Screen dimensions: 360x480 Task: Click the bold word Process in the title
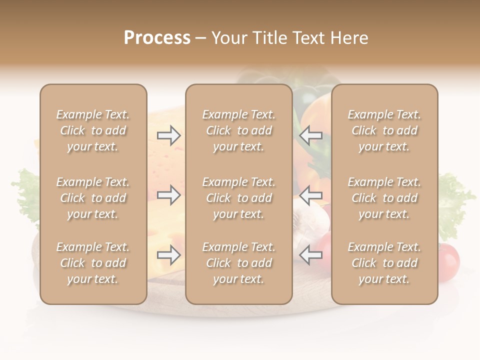(x=157, y=38)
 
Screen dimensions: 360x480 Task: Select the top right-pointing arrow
(x=168, y=135)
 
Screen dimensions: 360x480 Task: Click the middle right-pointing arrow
(x=168, y=195)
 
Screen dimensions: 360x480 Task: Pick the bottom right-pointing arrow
(x=168, y=255)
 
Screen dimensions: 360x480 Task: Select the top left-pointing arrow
(x=310, y=135)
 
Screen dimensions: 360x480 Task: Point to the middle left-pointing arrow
(x=310, y=195)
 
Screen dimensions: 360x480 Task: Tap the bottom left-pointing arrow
(x=310, y=255)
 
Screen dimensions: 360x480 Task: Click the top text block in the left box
(x=93, y=130)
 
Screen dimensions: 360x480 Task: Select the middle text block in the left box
(x=93, y=198)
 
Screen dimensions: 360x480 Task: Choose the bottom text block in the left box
(x=93, y=263)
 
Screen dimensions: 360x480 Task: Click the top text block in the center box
(x=238, y=130)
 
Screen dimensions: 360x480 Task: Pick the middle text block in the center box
(x=238, y=198)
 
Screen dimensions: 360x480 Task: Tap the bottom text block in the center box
(x=238, y=263)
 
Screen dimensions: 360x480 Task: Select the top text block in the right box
(x=384, y=130)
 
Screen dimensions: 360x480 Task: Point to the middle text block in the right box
(x=384, y=198)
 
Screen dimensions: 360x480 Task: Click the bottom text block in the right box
(x=384, y=263)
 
